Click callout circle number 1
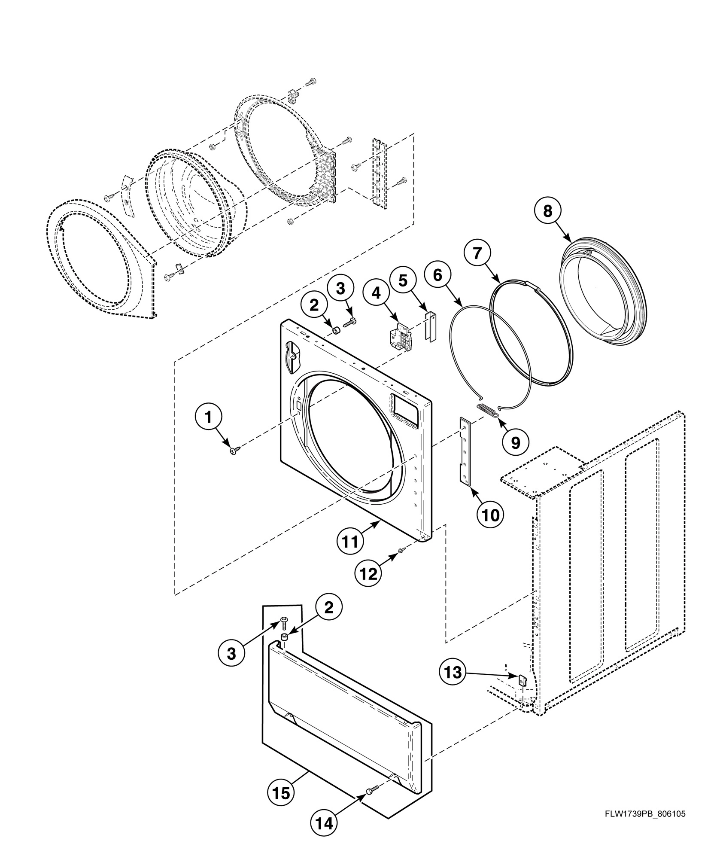tap(209, 417)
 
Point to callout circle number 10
tap(491, 514)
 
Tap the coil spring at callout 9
tap(487, 410)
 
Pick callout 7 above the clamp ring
tap(478, 254)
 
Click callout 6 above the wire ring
tap(437, 275)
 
